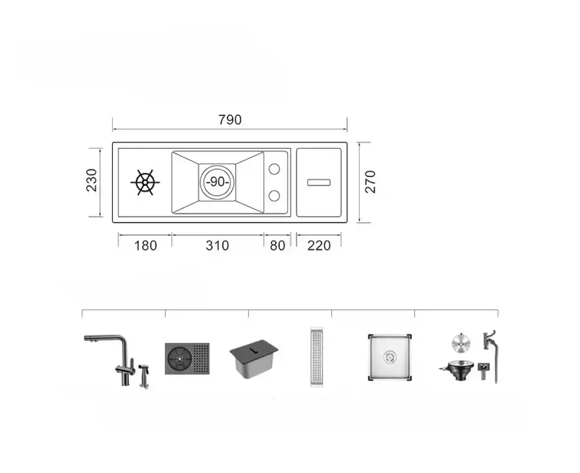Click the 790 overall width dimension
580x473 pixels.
230,120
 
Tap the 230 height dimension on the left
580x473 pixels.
91,180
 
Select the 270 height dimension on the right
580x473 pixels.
370,182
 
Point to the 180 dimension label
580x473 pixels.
146,246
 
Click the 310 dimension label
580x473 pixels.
218,246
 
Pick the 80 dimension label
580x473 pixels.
278,246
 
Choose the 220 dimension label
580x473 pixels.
319,246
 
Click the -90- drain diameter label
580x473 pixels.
218,182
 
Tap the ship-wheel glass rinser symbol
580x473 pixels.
145,182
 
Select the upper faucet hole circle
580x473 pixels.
274,169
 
